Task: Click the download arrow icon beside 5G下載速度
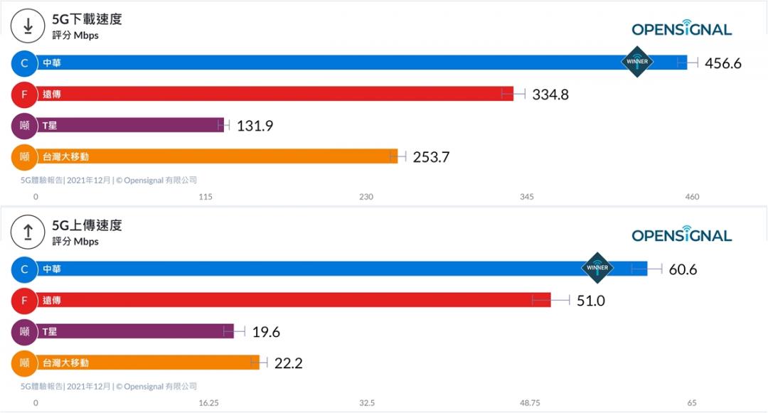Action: point(28,26)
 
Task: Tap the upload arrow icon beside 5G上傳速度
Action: point(28,232)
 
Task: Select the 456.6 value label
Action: point(722,63)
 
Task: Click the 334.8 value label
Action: point(550,95)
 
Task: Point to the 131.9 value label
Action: point(255,126)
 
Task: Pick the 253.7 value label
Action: point(431,157)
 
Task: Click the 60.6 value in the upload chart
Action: point(683,269)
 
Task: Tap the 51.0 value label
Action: point(590,301)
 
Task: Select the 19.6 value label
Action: point(267,332)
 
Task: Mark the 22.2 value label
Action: point(289,363)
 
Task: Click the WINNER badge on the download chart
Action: point(637,62)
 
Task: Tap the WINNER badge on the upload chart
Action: point(597,268)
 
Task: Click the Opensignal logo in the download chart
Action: point(681,29)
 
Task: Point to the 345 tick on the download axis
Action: point(527,196)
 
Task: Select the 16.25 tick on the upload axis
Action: point(208,402)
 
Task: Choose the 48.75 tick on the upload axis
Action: point(530,402)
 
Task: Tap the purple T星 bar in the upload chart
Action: point(135,331)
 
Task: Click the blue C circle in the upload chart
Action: point(24,269)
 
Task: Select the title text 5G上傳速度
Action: point(87,225)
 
